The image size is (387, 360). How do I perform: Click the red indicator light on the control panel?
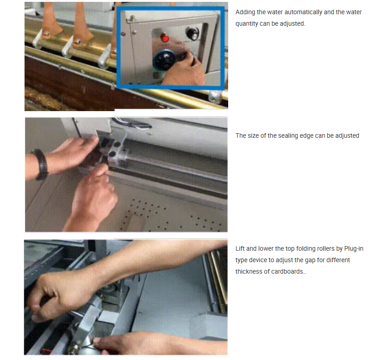(x=165, y=38)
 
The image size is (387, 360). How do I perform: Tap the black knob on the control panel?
(x=192, y=34)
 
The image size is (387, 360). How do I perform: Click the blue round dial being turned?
(x=164, y=60)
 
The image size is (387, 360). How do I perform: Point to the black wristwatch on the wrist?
(x=41, y=164)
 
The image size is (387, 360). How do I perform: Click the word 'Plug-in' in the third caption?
(x=353, y=248)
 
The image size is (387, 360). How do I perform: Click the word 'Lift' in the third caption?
(x=240, y=248)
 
